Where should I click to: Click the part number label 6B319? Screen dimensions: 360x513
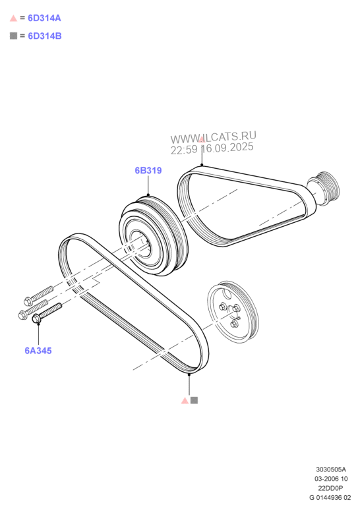[x=148, y=171]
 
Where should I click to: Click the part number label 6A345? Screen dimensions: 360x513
[x=38, y=351]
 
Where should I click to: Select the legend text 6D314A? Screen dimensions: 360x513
[x=45, y=18]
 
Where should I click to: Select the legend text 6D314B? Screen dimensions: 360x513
[x=45, y=36]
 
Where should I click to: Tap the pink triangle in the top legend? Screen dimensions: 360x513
[x=13, y=18]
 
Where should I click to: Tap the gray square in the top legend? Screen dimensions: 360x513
[x=13, y=36]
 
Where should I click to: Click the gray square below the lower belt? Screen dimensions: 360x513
[x=194, y=400]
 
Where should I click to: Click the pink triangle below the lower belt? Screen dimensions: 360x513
[x=185, y=400]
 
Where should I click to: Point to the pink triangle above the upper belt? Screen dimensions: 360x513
[x=202, y=140]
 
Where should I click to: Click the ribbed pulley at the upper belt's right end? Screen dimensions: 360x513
[x=323, y=189]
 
